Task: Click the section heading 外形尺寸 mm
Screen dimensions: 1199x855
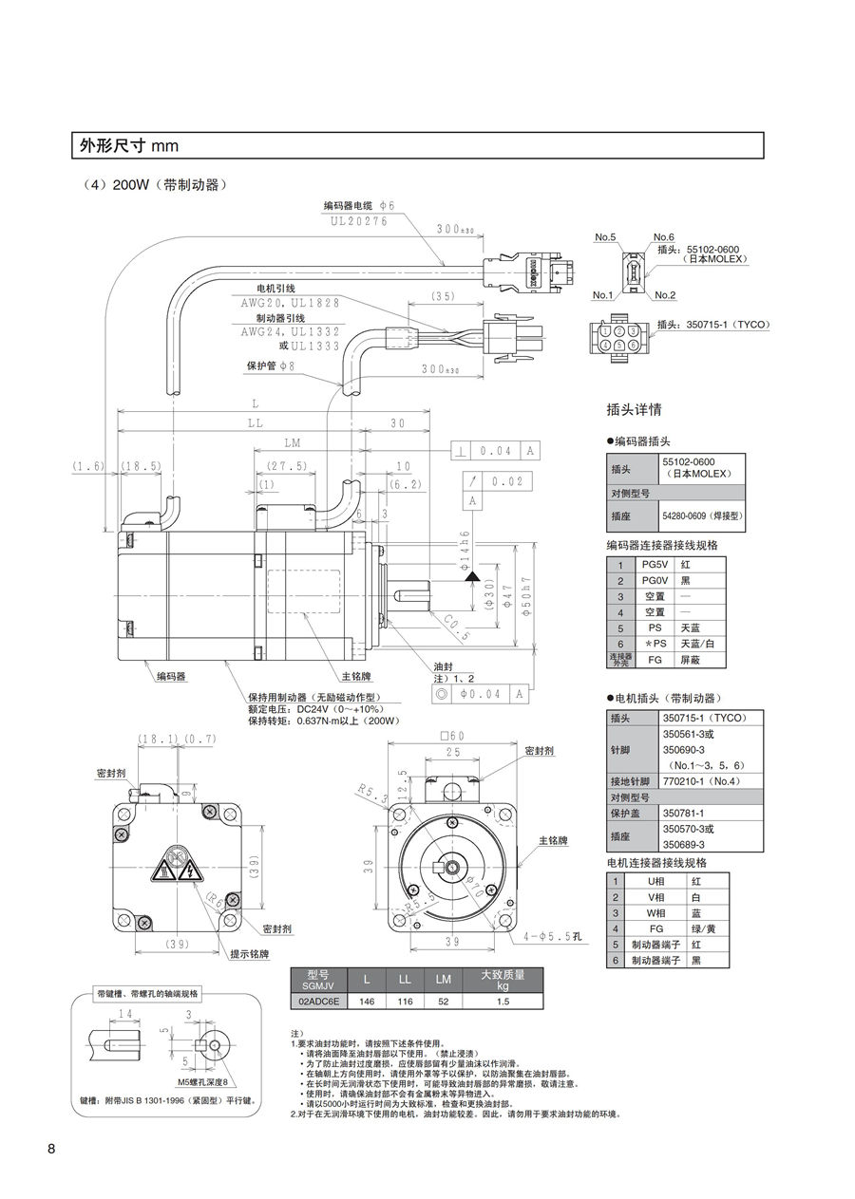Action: pos(129,146)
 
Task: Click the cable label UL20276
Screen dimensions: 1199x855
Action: pos(359,221)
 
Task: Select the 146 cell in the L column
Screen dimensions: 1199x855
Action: pos(366,1001)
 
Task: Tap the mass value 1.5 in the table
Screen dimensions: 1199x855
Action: pos(503,1001)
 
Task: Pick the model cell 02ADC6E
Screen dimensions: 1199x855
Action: pos(317,1001)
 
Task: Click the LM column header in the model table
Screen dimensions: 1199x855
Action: pos(443,979)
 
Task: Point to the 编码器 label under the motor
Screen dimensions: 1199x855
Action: pos(171,677)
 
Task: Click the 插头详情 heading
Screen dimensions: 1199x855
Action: pos(634,410)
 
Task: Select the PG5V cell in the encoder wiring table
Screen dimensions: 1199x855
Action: pos(655,564)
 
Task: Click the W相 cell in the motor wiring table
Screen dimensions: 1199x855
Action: pos(655,912)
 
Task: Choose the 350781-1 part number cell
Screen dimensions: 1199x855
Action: pos(683,814)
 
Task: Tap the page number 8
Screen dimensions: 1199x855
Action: pos(52,1150)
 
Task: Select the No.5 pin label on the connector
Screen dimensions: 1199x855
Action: pos(605,236)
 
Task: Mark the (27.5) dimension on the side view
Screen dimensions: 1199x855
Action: pos(286,466)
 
